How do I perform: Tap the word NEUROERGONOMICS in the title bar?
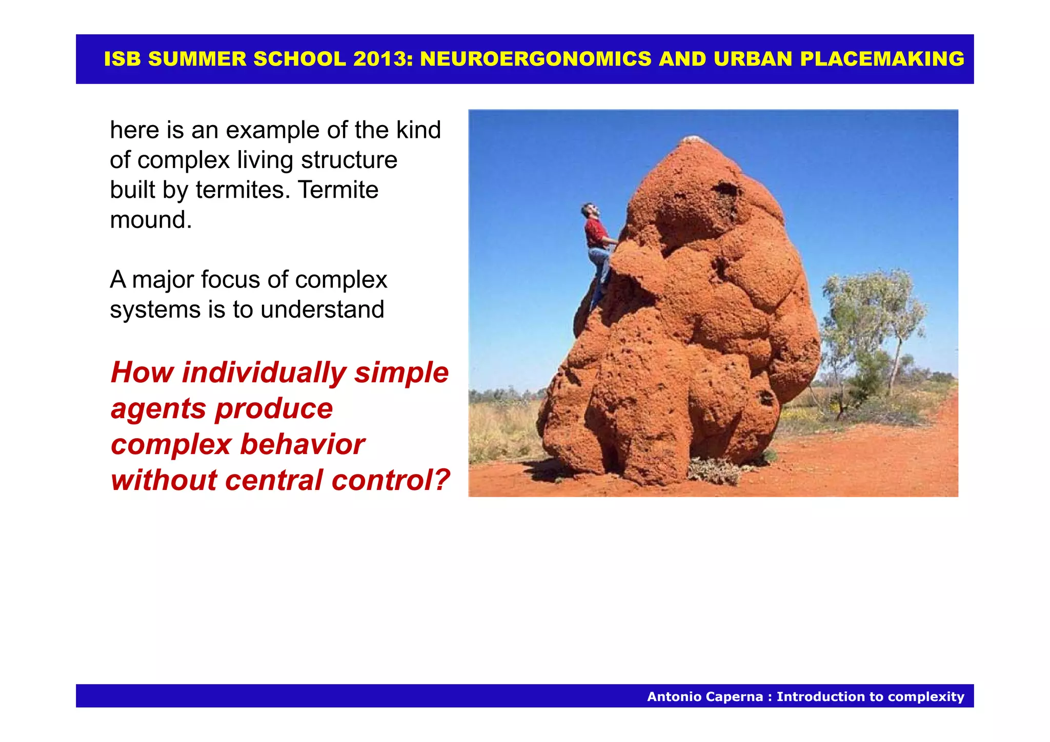[536, 59]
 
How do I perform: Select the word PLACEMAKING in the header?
[882, 59]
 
